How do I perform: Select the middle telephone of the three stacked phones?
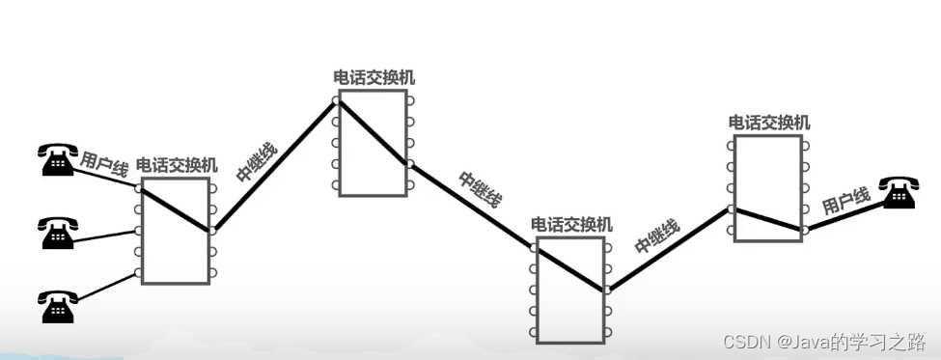pos(57,233)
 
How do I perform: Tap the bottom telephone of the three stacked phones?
pos(57,306)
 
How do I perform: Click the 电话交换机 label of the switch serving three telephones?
pos(177,165)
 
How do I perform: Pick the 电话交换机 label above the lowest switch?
pos(571,224)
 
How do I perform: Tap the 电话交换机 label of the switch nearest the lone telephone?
pos(769,123)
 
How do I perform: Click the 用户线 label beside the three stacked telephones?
pos(104,162)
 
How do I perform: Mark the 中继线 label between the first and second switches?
pos(257,162)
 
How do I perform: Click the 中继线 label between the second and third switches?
pos(480,190)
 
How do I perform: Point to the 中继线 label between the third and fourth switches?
pos(657,235)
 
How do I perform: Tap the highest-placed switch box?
pos(373,143)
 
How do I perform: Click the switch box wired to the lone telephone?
pos(767,188)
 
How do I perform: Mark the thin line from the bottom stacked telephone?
pos(106,287)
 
